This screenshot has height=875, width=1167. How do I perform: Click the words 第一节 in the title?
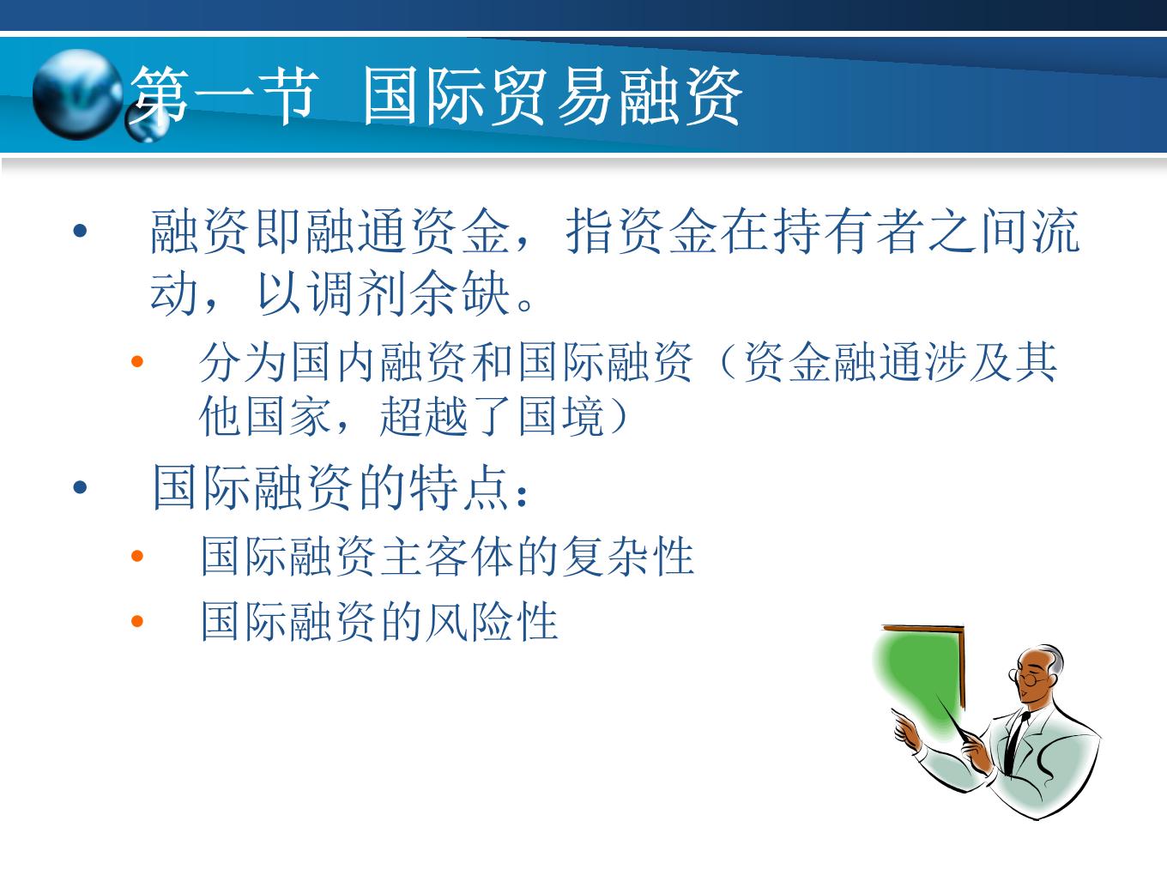224,96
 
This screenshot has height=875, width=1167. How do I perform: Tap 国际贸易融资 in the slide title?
553,96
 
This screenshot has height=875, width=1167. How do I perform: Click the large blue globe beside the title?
77,94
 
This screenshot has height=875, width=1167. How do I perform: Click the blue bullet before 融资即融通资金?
81,231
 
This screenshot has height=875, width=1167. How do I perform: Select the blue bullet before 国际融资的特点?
81,487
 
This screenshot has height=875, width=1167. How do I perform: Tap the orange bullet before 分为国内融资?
137,362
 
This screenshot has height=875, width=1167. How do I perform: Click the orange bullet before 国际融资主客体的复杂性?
137,556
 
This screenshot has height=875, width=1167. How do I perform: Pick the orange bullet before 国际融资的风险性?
137,620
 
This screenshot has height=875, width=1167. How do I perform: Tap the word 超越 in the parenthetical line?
424,416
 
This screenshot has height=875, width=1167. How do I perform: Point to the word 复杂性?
628,556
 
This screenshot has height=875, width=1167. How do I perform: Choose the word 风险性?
493,620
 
